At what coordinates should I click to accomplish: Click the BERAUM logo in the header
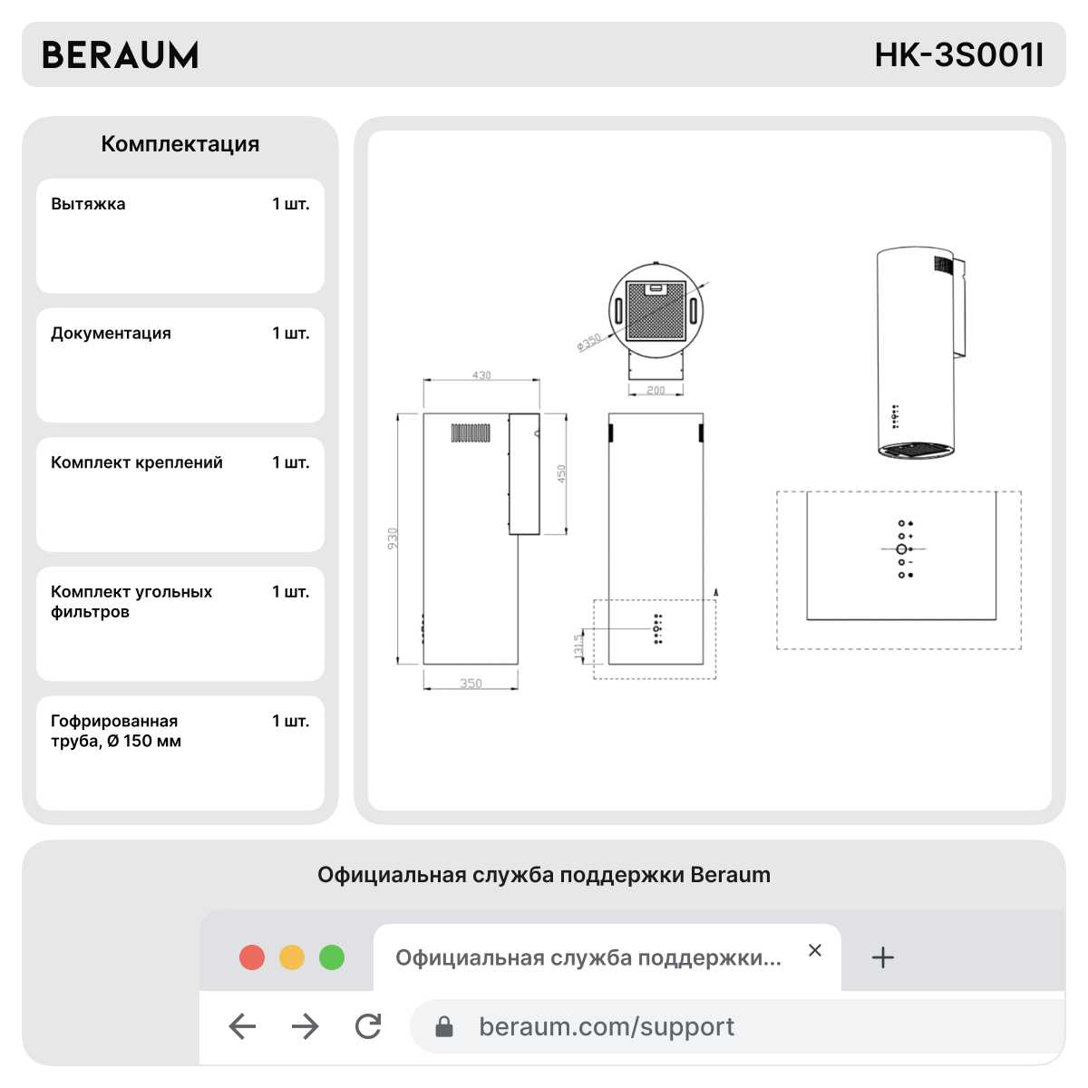[x=121, y=54]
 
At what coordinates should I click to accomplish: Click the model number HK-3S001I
[x=958, y=54]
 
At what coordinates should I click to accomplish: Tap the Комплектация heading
[x=180, y=144]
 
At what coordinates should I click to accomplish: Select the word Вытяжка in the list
[x=88, y=203]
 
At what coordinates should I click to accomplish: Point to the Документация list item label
[x=111, y=333]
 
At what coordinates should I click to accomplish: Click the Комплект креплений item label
[x=137, y=462]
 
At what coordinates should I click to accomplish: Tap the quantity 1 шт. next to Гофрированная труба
[x=291, y=721]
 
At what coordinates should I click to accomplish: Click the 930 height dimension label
[x=393, y=538]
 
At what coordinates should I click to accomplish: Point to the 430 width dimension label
[x=481, y=374]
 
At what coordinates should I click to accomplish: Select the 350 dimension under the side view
[x=471, y=684]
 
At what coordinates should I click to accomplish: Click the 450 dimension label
[x=560, y=473]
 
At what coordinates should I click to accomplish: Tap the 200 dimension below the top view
[x=656, y=390]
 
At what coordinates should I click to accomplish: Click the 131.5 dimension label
[x=578, y=646]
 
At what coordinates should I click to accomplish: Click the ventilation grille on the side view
[x=471, y=432]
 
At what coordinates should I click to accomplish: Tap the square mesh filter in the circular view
[x=656, y=311]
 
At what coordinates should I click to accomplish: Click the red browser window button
[x=252, y=958]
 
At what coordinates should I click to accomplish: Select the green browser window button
[x=332, y=958]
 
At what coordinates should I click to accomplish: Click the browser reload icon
[x=368, y=1025]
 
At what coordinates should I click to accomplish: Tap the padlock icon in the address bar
[x=443, y=1026]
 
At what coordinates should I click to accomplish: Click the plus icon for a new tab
[x=882, y=958]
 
